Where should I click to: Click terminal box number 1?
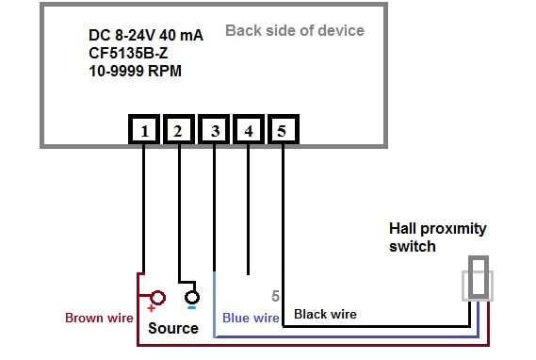point(143,131)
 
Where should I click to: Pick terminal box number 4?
point(248,131)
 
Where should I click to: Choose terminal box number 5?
point(283,131)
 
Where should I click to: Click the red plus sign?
point(150,308)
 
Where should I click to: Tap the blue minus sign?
point(191,306)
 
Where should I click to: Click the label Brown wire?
point(99,319)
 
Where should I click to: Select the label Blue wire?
point(250,319)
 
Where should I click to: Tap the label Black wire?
point(326,314)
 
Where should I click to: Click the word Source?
point(173,328)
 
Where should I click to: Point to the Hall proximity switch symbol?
point(478,282)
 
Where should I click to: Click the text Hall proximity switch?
point(438,237)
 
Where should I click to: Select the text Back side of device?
point(294,31)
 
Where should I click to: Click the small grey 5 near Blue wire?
point(275,296)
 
